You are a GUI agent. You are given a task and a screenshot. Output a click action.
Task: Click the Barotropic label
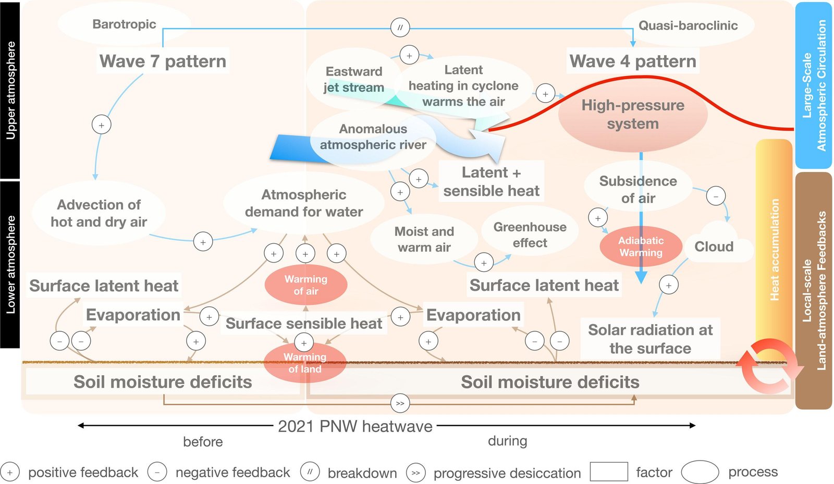pos(124,24)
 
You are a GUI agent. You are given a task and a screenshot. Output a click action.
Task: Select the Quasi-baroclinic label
pos(688,26)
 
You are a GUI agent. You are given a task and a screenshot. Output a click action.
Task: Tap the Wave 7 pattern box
pos(163,61)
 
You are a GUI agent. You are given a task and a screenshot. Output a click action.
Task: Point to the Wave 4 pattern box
pos(633,61)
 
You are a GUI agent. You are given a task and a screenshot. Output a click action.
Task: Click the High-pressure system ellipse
pos(633,115)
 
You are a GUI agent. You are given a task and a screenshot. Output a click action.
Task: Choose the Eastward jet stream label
pos(354,79)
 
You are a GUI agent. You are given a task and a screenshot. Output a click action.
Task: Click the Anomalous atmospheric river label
pos(373,136)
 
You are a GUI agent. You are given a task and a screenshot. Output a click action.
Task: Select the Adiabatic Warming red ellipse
pos(641,246)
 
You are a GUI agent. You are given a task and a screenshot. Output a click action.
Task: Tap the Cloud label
pos(714,246)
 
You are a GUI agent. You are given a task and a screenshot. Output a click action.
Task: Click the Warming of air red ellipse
pos(306,285)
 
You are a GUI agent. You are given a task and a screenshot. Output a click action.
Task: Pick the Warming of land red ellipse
pos(305,363)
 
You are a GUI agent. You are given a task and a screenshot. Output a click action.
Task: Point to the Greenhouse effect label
pos(530,235)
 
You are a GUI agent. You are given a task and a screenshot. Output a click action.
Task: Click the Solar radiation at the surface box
pos(650,339)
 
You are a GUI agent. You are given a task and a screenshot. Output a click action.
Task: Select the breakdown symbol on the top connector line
pos(400,28)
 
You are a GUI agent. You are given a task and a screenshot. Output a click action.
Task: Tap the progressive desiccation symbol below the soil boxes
pos(400,403)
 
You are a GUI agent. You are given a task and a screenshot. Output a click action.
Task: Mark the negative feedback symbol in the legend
pos(157,473)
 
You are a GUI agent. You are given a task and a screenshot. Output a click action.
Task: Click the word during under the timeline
pos(507,441)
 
